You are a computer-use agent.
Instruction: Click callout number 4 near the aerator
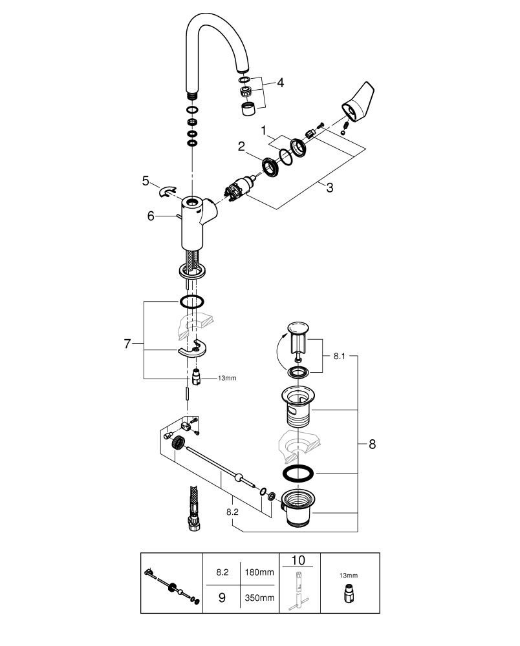pos(281,83)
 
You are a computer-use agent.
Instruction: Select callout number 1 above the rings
pos(263,131)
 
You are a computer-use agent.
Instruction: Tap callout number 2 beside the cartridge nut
pos(241,146)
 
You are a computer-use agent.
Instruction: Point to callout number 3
pos(329,188)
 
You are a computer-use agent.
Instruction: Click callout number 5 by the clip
pos(145,181)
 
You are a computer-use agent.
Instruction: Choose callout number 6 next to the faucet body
pos(151,216)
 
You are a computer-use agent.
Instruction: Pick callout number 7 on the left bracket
pos(127,344)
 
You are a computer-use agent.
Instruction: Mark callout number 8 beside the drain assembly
pos(372,444)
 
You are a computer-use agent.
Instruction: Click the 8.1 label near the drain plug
pos(340,356)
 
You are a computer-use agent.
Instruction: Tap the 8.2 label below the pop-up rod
pos(233,512)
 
